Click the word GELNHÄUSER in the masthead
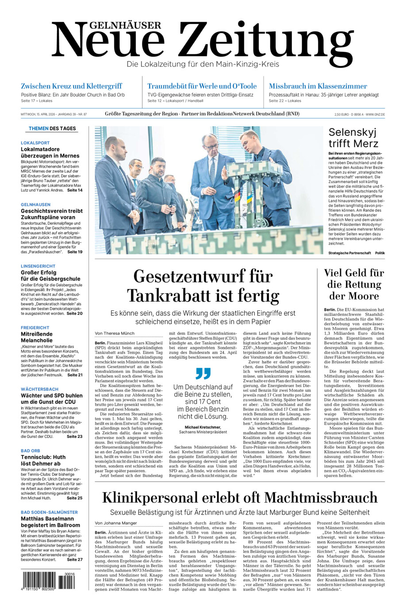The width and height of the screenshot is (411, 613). point(107,25)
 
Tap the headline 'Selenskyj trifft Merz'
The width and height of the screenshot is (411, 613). point(353,138)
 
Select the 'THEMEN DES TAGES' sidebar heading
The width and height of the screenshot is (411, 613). point(52,129)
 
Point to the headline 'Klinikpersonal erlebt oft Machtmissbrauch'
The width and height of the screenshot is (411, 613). point(240,498)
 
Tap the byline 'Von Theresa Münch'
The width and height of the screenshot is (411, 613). point(115,333)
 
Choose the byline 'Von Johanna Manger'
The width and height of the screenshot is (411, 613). point(116,523)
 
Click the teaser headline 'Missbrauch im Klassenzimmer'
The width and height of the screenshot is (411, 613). point(318,86)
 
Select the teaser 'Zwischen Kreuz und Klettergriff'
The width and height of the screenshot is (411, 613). point(71,86)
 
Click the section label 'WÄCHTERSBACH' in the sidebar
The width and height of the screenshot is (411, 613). point(40,389)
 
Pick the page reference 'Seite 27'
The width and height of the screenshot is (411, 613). point(74,559)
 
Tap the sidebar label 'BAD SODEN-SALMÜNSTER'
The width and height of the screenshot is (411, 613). point(49,512)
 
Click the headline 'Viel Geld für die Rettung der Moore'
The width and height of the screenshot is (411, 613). point(353,284)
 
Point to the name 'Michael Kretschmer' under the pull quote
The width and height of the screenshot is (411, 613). point(203,427)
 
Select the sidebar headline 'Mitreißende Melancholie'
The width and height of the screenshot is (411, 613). point(37,337)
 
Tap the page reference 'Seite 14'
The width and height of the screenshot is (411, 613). point(74,190)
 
